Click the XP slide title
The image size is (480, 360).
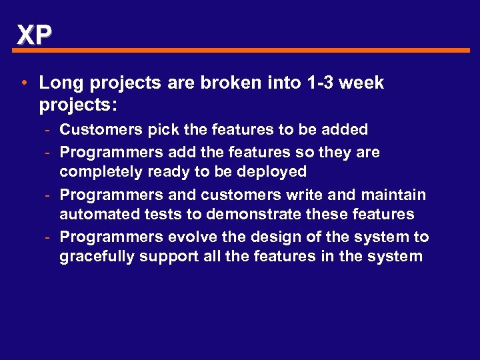pyautogui.click(x=33, y=34)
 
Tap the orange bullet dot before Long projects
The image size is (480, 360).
pyautogui.click(x=24, y=83)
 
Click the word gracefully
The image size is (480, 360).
pyautogui.click(x=96, y=257)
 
